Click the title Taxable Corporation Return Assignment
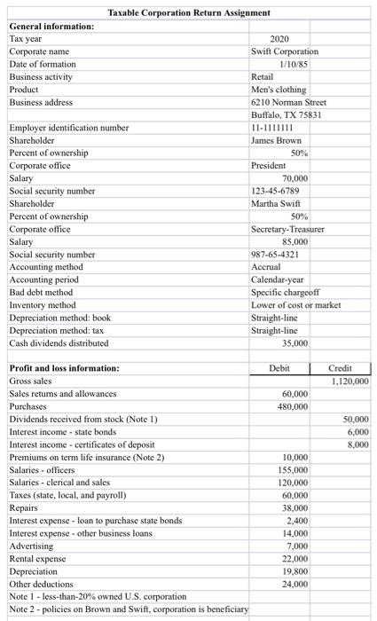pos(188,12)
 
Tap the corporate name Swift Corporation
pos(285,51)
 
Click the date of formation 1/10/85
pos(293,64)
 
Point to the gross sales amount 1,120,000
pos(348,381)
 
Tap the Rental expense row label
pos(37,558)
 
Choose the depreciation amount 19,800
pos(294,571)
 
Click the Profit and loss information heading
pos(63,368)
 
